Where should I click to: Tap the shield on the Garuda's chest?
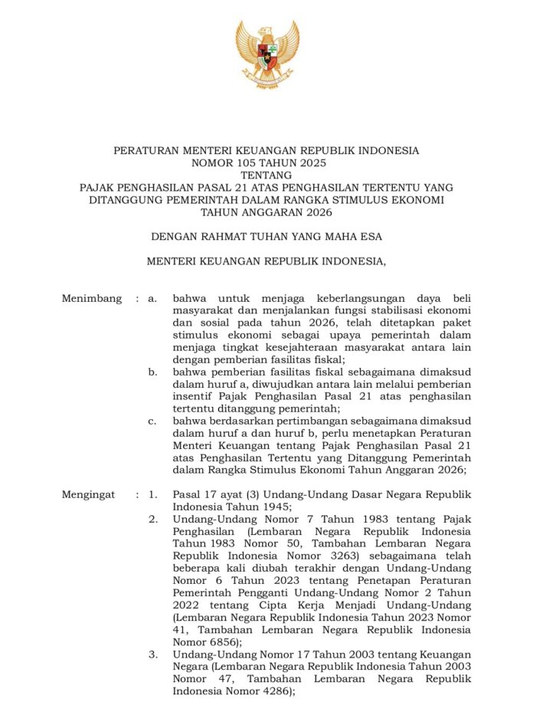point(266,56)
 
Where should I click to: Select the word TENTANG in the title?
point(266,175)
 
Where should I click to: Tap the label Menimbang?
point(91,298)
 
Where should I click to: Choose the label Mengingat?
point(89,494)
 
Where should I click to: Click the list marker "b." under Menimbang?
point(153,372)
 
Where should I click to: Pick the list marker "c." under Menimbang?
point(153,421)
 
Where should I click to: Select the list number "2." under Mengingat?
point(153,519)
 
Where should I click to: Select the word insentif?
point(195,396)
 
